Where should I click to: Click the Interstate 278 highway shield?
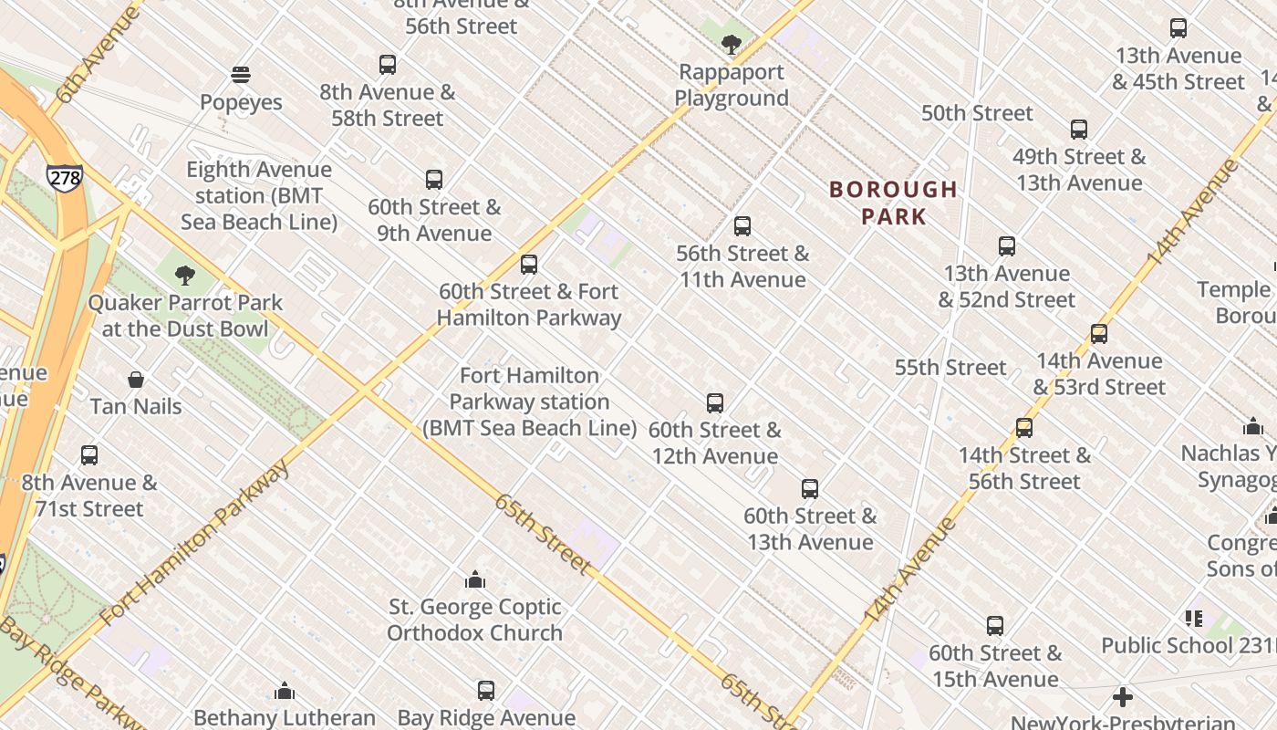[x=65, y=177]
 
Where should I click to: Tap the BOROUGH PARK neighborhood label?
[x=893, y=203]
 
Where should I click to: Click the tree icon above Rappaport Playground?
[x=731, y=44]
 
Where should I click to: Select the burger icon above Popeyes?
[x=241, y=74]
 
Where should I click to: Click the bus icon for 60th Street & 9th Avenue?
[x=434, y=180]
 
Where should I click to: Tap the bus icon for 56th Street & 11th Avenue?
[x=742, y=225]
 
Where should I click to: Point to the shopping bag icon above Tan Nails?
[x=136, y=379]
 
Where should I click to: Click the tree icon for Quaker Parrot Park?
[x=185, y=275]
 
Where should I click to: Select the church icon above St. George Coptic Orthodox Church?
[x=474, y=579]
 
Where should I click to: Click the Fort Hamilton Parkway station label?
[x=529, y=401]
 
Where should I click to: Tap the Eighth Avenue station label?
[x=259, y=195]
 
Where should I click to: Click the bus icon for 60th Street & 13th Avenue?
[x=810, y=488]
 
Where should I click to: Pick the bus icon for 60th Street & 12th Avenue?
[x=715, y=402]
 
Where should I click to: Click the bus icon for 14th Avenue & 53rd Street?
[x=1099, y=333]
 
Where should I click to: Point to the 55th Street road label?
[x=950, y=367]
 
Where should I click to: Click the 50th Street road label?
[x=977, y=113]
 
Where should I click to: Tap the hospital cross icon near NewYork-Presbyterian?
[x=1123, y=698]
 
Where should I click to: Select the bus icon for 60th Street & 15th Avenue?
[x=995, y=626]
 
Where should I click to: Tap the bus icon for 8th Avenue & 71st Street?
[x=89, y=454]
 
